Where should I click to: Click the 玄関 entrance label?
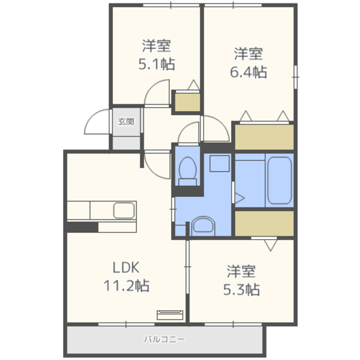coord(126,121)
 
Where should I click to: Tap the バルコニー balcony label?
coord(164,339)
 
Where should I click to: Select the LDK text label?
coord(126,268)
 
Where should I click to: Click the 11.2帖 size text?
coord(127,285)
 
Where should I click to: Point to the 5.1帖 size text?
coord(157,64)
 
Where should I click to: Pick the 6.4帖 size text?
coord(249,72)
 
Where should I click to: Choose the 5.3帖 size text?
coord(241,290)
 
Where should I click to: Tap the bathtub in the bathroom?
coord(280,181)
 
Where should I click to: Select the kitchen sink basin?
coord(124,210)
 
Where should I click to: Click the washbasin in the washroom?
coord(203,226)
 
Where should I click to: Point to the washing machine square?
coord(219,164)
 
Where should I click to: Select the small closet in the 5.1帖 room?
coord(187,102)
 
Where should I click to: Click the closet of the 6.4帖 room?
coord(264,137)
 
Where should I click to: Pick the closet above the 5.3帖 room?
coord(264,223)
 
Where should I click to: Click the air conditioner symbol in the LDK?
coord(170,315)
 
